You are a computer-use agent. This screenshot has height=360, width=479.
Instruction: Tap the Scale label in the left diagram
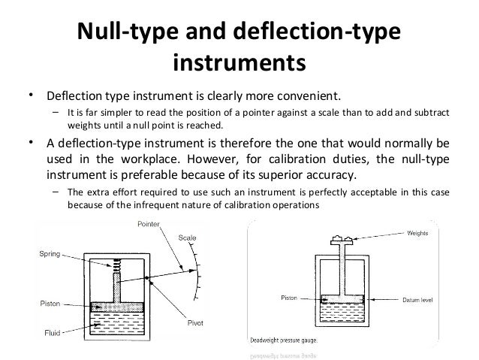[x=186, y=238]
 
